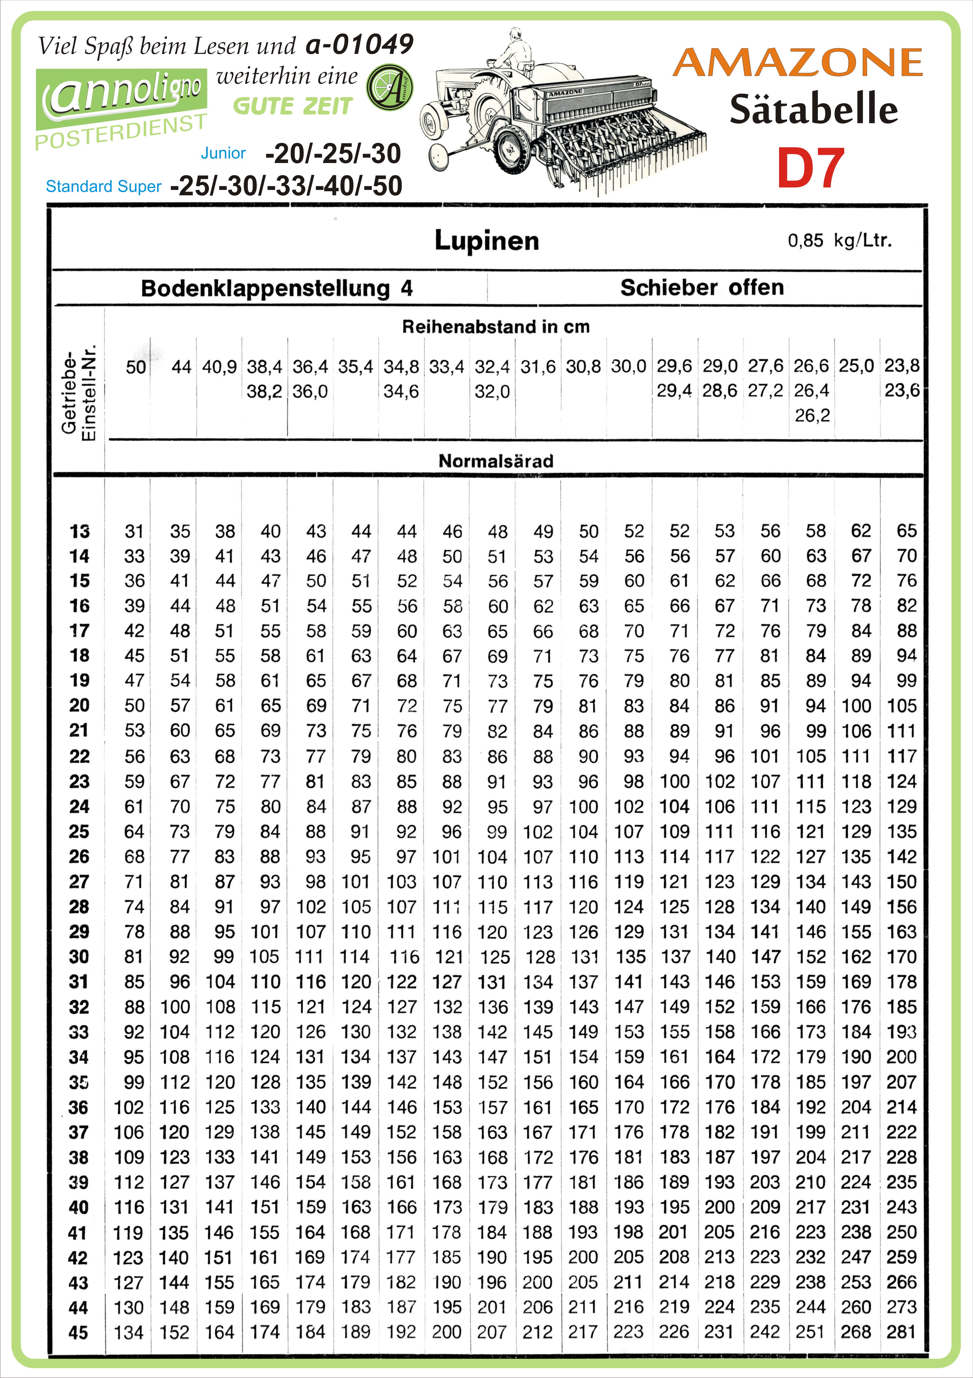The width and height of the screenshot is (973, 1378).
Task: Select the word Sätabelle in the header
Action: (x=813, y=110)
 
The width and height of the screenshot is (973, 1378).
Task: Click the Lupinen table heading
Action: (x=486, y=241)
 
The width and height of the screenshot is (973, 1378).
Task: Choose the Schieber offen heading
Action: (x=702, y=288)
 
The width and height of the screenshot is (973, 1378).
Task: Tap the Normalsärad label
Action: (x=496, y=461)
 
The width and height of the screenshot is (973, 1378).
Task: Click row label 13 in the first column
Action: (x=79, y=531)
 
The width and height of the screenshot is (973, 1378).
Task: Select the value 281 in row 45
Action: (x=901, y=1332)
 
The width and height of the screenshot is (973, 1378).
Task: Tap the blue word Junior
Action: (x=223, y=153)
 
